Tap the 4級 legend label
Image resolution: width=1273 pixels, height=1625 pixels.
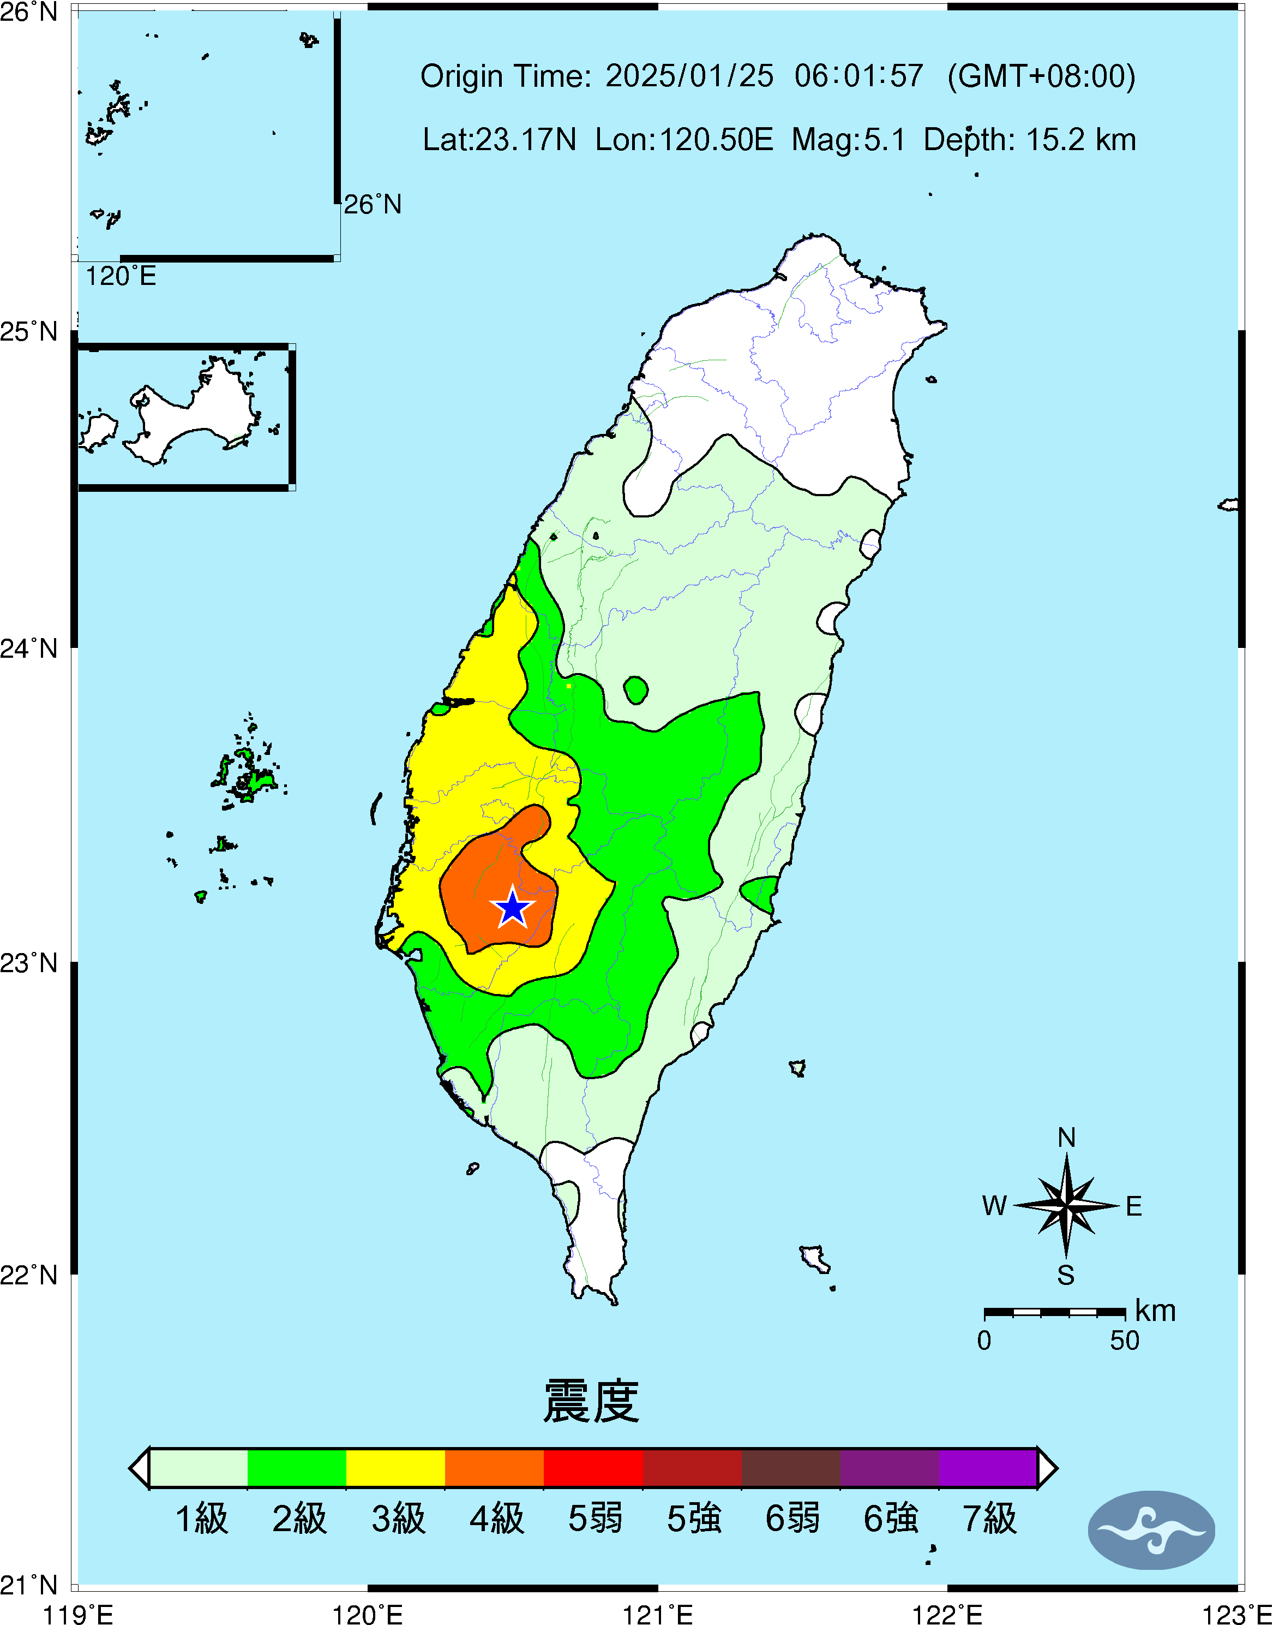coord(496,1519)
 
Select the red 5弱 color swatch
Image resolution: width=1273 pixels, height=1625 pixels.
coord(593,1468)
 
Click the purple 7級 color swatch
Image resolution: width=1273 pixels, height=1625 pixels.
coord(988,1468)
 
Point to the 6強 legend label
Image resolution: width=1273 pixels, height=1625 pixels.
coord(891,1519)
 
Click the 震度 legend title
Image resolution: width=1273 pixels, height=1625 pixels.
coord(591,1401)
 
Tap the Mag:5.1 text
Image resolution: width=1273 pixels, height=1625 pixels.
coord(849,139)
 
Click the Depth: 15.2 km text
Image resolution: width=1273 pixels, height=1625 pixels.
coord(1030,139)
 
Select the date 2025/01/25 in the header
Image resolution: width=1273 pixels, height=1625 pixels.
coord(689,76)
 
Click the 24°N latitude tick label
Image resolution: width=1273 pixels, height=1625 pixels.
coord(28,648)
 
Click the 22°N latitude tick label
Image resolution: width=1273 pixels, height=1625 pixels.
coord(28,1275)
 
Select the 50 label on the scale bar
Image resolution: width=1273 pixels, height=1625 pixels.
coord(1125,1341)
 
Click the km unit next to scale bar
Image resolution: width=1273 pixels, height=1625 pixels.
coord(1155,1310)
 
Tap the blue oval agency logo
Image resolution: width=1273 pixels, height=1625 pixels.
coord(1151,1530)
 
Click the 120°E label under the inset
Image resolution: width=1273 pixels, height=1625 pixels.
coord(121,276)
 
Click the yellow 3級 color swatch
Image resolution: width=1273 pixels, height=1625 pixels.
coord(396,1468)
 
